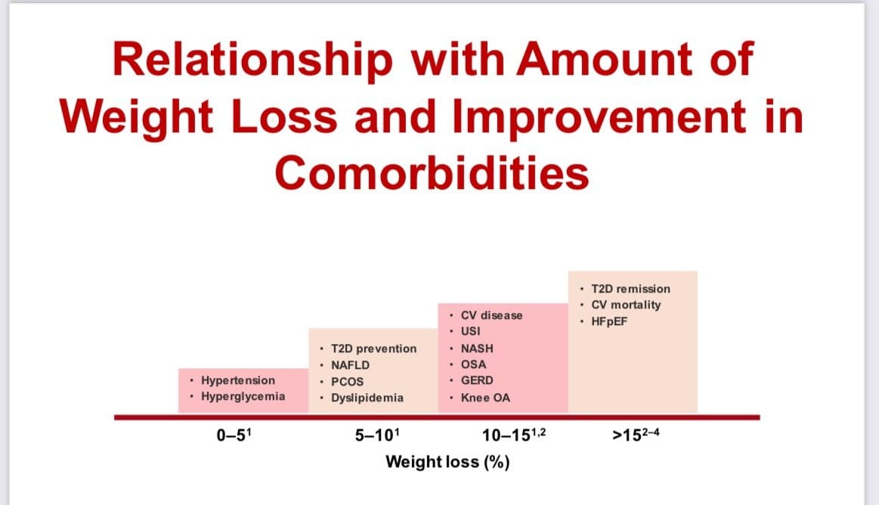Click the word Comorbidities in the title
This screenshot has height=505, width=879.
[432, 172]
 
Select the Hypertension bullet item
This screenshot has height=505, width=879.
[237, 380]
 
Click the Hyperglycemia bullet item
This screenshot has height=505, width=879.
[243, 395]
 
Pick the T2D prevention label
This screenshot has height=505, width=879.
[373, 349]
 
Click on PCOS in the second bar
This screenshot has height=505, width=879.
[347, 382]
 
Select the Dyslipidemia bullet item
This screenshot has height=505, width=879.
[367, 398]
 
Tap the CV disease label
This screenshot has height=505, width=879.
[491, 314]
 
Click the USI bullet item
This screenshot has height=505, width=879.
[470, 331]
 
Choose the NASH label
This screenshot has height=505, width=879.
[475, 348]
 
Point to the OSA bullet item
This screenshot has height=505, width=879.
[473, 364]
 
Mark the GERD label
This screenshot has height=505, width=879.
[476, 381]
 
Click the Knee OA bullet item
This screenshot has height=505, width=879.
[485, 398]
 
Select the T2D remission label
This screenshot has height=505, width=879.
[630, 288]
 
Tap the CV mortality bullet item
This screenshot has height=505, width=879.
[625, 305]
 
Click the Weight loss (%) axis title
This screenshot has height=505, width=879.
[447, 461]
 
